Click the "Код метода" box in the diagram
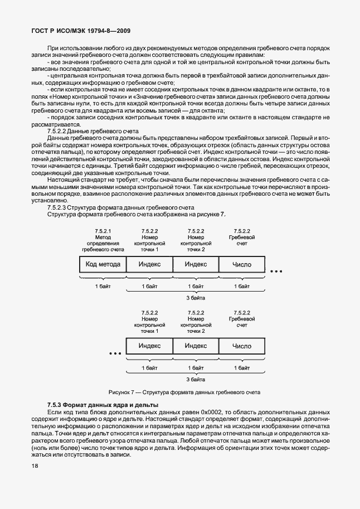pyautogui.click(x=103, y=264)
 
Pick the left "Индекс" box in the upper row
pyautogui.click(x=149, y=264)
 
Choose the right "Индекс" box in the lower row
pyautogui.click(x=196, y=346)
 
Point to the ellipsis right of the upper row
pyautogui.click(x=276, y=272)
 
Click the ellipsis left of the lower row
pyautogui.click(x=115, y=353)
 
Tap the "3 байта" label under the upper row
pyautogui.click(x=195, y=298)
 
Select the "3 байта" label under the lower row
pyautogui.click(x=195, y=379)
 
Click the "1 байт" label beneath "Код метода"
pyautogui.click(x=103, y=286)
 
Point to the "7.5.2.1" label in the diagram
pyautogui.click(x=103, y=231)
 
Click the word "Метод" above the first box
pyautogui.click(x=103, y=237)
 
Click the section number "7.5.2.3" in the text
pyautogui.click(x=59, y=207)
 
